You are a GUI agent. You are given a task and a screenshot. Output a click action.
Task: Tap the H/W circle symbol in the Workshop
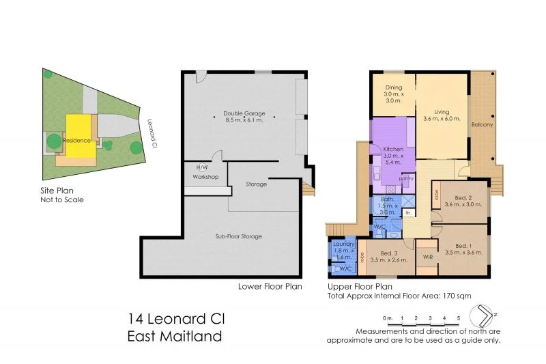click(x=202, y=167)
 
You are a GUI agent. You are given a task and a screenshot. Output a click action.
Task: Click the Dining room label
click(x=393, y=87)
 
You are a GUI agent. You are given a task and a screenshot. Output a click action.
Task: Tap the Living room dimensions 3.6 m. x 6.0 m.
click(x=442, y=119)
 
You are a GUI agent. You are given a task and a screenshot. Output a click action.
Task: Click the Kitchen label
click(x=393, y=149)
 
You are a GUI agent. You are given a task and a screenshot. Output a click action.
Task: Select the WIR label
click(x=427, y=257)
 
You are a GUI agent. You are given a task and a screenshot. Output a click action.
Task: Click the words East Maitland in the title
click(x=175, y=335)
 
